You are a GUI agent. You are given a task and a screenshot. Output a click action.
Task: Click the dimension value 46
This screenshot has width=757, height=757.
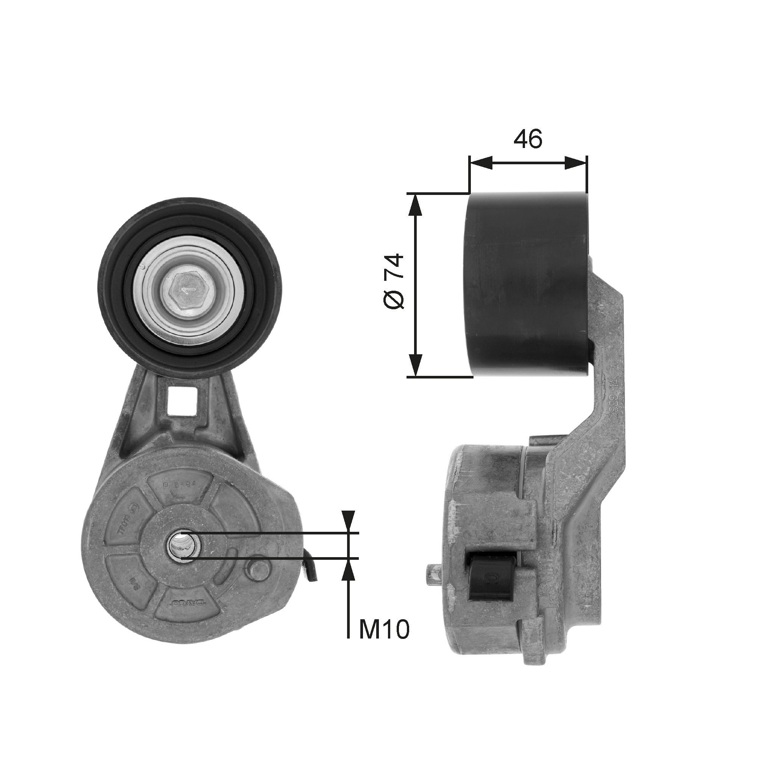point(528,139)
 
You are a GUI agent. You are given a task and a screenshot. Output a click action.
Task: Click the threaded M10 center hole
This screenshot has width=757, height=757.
point(181,545)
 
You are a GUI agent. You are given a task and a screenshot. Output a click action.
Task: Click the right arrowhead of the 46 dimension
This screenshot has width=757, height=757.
point(576,163)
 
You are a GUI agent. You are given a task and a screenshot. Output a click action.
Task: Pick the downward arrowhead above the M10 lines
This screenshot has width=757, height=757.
point(348,521)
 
